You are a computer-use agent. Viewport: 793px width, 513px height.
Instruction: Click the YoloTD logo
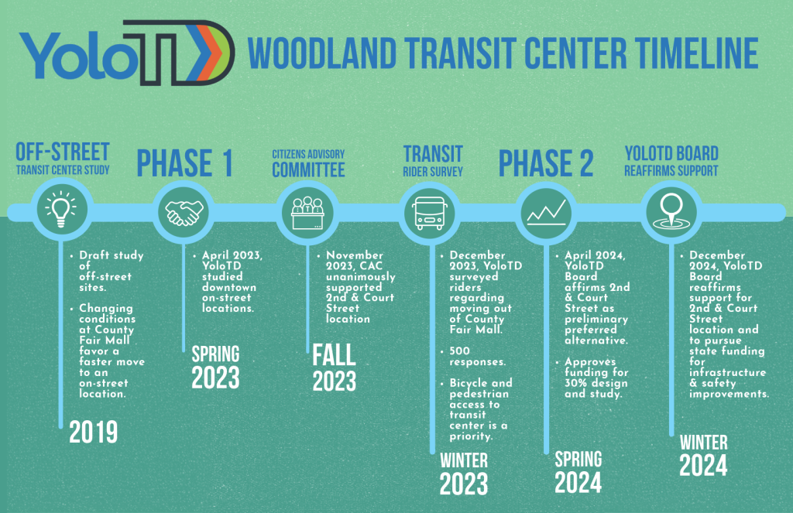(127, 53)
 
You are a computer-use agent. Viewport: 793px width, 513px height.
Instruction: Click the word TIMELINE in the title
(697, 53)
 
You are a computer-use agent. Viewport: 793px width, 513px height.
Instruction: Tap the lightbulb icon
(60, 209)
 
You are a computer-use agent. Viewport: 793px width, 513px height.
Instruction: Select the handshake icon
(184, 212)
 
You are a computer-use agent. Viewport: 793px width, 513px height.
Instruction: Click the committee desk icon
(307, 213)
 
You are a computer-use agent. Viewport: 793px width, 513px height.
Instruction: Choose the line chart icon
(546, 212)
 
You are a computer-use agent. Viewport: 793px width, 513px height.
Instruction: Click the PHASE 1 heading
(184, 163)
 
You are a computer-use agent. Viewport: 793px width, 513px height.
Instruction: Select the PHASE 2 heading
(546, 163)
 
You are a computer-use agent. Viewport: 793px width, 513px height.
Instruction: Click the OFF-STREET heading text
(63, 152)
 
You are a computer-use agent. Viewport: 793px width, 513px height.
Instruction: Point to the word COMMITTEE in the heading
(308, 169)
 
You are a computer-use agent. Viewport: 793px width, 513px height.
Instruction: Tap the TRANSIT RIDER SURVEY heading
(433, 161)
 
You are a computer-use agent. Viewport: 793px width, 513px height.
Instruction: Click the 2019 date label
(94, 432)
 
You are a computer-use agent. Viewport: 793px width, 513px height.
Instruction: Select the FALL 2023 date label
(335, 368)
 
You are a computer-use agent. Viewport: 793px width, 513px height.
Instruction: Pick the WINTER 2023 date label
(464, 474)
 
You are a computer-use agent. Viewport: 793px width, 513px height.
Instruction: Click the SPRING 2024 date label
(578, 472)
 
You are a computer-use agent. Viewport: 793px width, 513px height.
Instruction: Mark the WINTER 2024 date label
(703, 456)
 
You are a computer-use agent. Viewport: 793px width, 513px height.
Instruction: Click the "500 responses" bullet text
(477, 357)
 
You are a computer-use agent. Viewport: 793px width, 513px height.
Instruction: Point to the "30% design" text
(596, 383)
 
